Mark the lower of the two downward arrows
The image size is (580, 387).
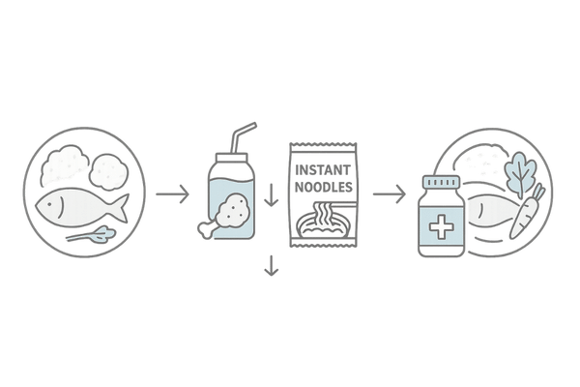click(272, 267)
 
